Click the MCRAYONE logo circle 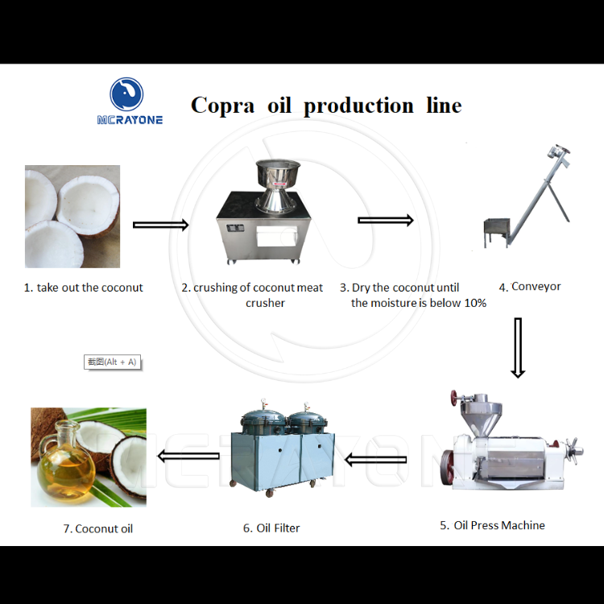(126, 94)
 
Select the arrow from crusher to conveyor (386, 220)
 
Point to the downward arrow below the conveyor (518, 347)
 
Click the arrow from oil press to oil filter (375, 460)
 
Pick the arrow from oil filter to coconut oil (188, 457)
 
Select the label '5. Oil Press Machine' (492, 525)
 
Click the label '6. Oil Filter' (271, 528)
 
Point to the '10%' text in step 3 (473, 303)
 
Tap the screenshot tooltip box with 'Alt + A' (112, 362)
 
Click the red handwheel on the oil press (456, 398)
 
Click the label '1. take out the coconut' (83, 288)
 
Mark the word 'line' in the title (444, 105)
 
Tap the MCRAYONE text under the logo (130, 120)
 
